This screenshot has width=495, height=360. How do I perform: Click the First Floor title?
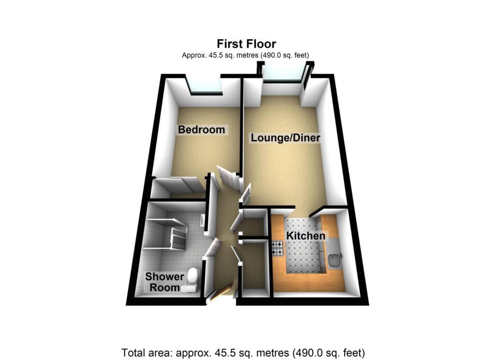pyautogui.click(x=247, y=44)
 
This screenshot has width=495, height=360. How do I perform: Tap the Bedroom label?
pyautogui.click(x=202, y=130)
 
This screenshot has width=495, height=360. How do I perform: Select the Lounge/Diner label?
pyautogui.click(x=285, y=138)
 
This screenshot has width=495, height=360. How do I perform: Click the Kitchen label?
pyautogui.click(x=306, y=236)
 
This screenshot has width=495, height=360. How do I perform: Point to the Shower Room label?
pyautogui.click(x=165, y=282)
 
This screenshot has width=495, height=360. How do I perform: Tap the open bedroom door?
pyautogui.click(x=229, y=177)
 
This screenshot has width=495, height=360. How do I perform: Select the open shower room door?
pyautogui.click(x=212, y=247)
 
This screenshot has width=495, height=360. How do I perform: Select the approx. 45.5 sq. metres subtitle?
pyautogui.click(x=245, y=56)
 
